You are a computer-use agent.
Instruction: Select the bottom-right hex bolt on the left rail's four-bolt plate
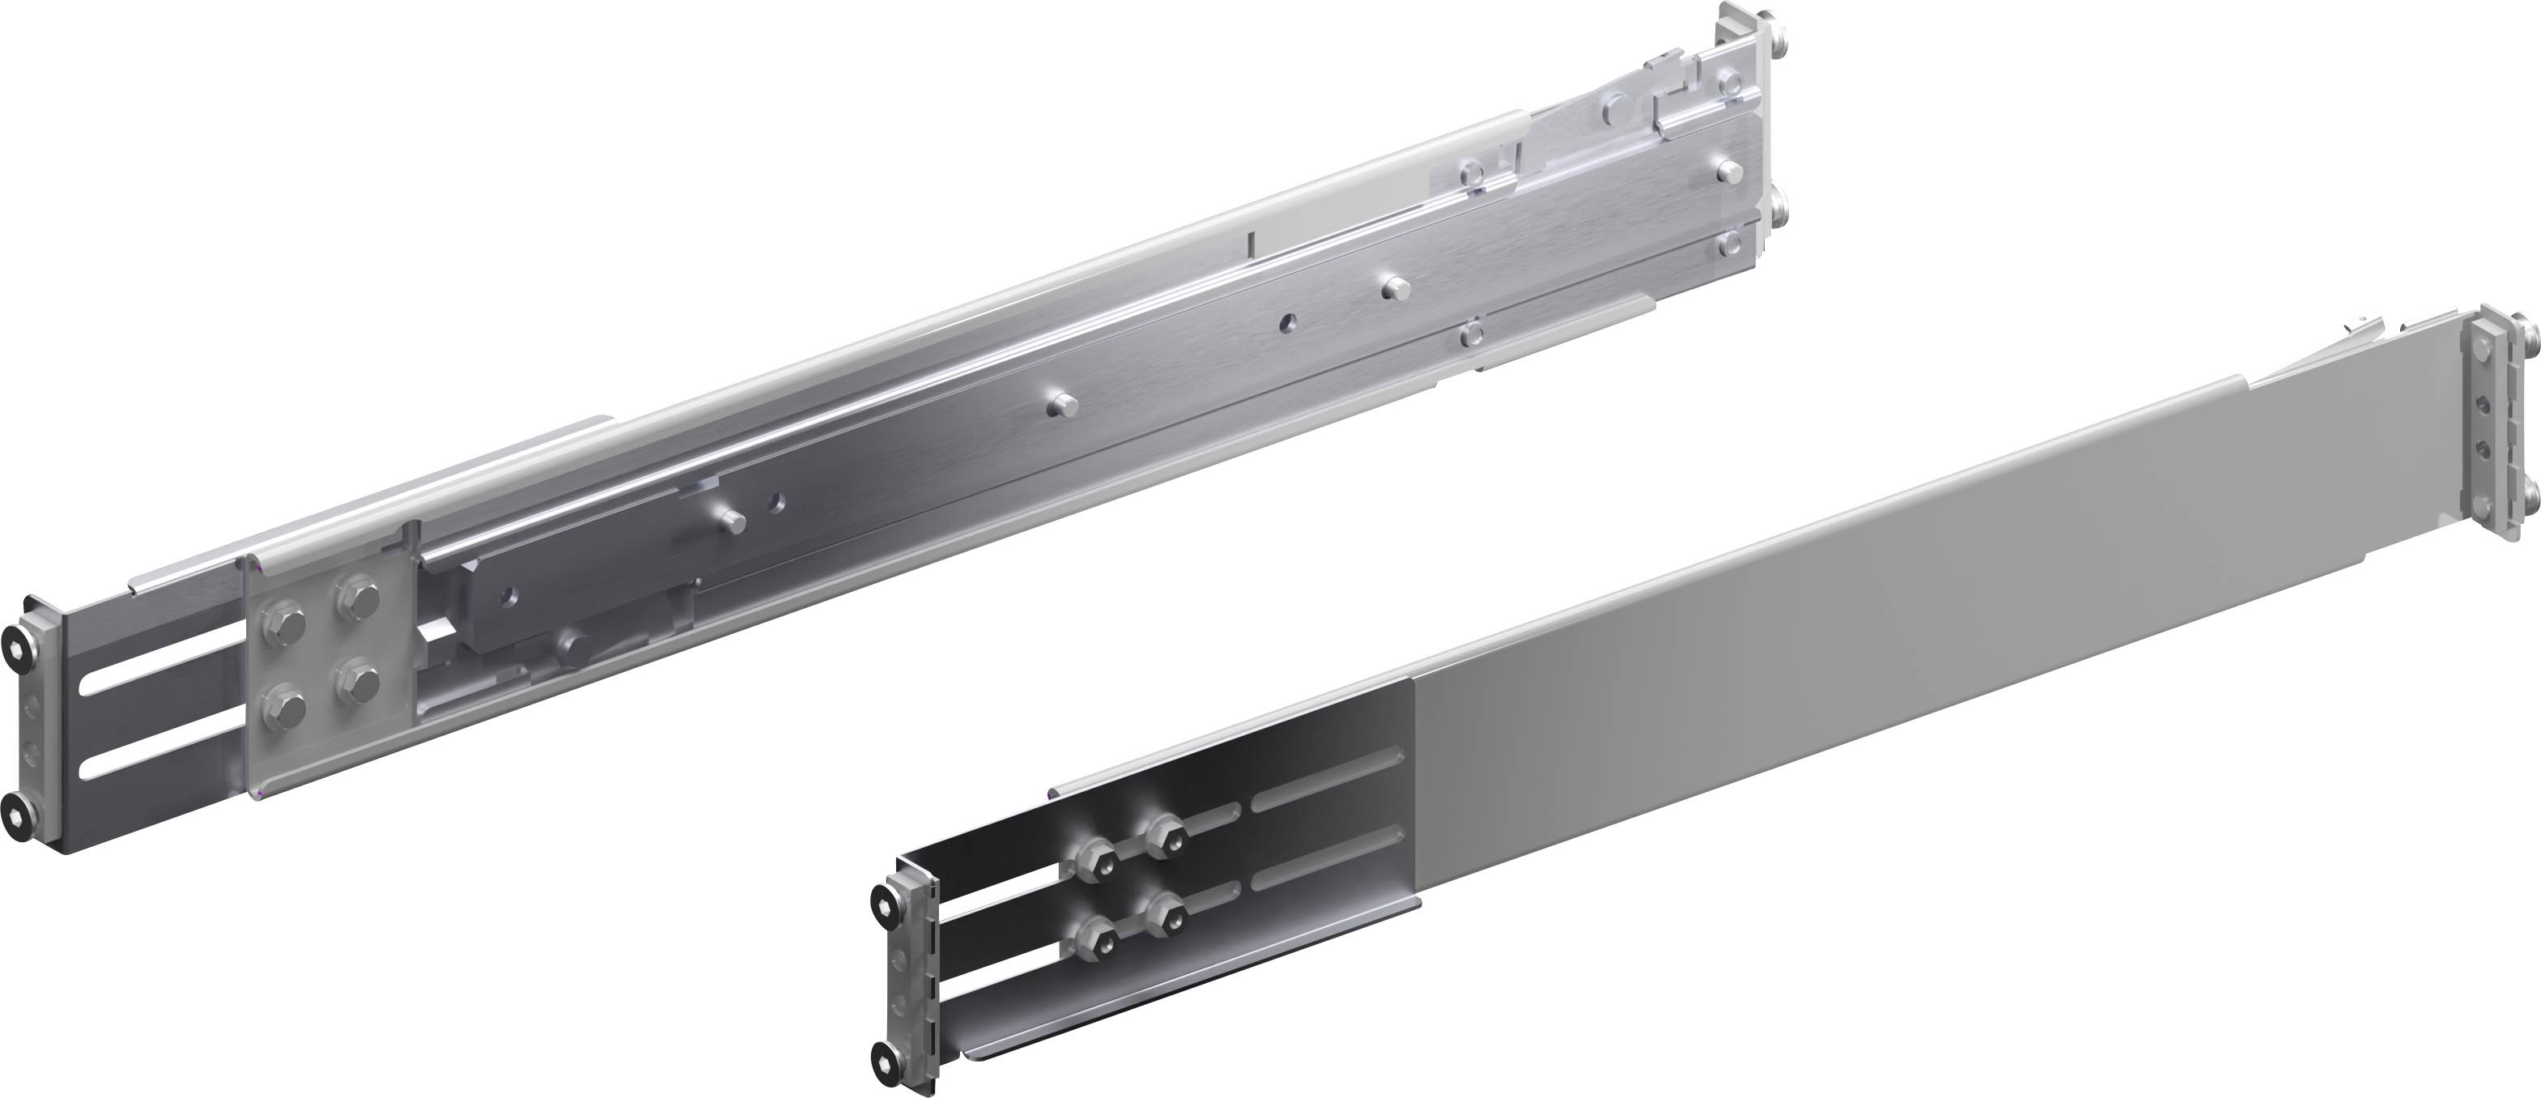coord(355,683)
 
